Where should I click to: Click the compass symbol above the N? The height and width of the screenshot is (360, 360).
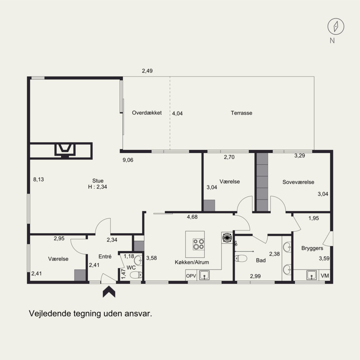[336, 27]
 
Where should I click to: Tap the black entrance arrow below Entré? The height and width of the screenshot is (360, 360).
[109, 291]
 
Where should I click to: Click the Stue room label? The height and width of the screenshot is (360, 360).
[98, 181]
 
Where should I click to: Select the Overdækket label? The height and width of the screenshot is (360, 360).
[147, 113]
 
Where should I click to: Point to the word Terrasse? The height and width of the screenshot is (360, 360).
[242, 113]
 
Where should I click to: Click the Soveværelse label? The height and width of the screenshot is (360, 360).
[298, 182]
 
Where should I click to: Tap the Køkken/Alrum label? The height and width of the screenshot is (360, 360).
[192, 262]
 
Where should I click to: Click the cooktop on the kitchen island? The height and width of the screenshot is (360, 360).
[198, 244]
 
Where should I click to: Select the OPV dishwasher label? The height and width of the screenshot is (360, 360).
[191, 276]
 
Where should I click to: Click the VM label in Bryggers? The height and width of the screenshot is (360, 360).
[324, 275]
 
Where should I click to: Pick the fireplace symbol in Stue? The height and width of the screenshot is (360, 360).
[65, 150]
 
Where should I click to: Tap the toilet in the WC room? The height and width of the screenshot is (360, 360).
[136, 274]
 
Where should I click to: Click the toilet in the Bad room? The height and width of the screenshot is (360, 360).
[241, 258]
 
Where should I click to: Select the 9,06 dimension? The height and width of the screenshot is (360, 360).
[128, 160]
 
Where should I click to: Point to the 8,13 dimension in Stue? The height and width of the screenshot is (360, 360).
[39, 179]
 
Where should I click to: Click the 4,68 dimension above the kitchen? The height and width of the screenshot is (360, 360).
[192, 217]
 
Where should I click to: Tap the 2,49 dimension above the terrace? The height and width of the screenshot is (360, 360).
[147, 71]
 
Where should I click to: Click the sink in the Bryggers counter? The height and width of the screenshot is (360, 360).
[311, 275]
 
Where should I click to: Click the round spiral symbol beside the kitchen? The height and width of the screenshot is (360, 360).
[227, 238]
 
